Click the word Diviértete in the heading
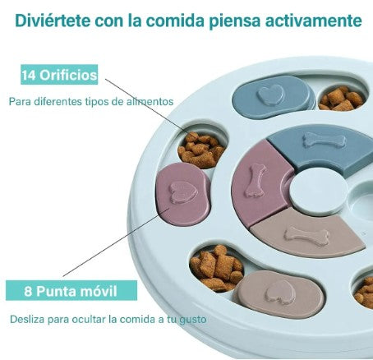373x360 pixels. pos(53,21)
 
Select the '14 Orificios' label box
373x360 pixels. pos(59,75)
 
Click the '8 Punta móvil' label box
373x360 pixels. pos(71,290)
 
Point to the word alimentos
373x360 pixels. pos(150,101)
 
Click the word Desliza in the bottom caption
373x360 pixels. pos(27,319)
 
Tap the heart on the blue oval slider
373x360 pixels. pos(271,94)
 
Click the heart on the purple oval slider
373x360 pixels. pos(183,192)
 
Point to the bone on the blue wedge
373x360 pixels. pos(325,140)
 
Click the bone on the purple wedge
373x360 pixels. pos(256,181)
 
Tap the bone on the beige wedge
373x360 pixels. pos(306,236)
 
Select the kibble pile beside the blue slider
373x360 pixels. pos(341,99)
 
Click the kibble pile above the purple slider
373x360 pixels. pos(201,150)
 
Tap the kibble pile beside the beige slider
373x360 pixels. pos(217,268)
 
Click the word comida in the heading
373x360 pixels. pos(174,21)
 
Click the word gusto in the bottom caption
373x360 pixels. pos(193,320)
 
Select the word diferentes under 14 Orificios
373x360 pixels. pos(58,101)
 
